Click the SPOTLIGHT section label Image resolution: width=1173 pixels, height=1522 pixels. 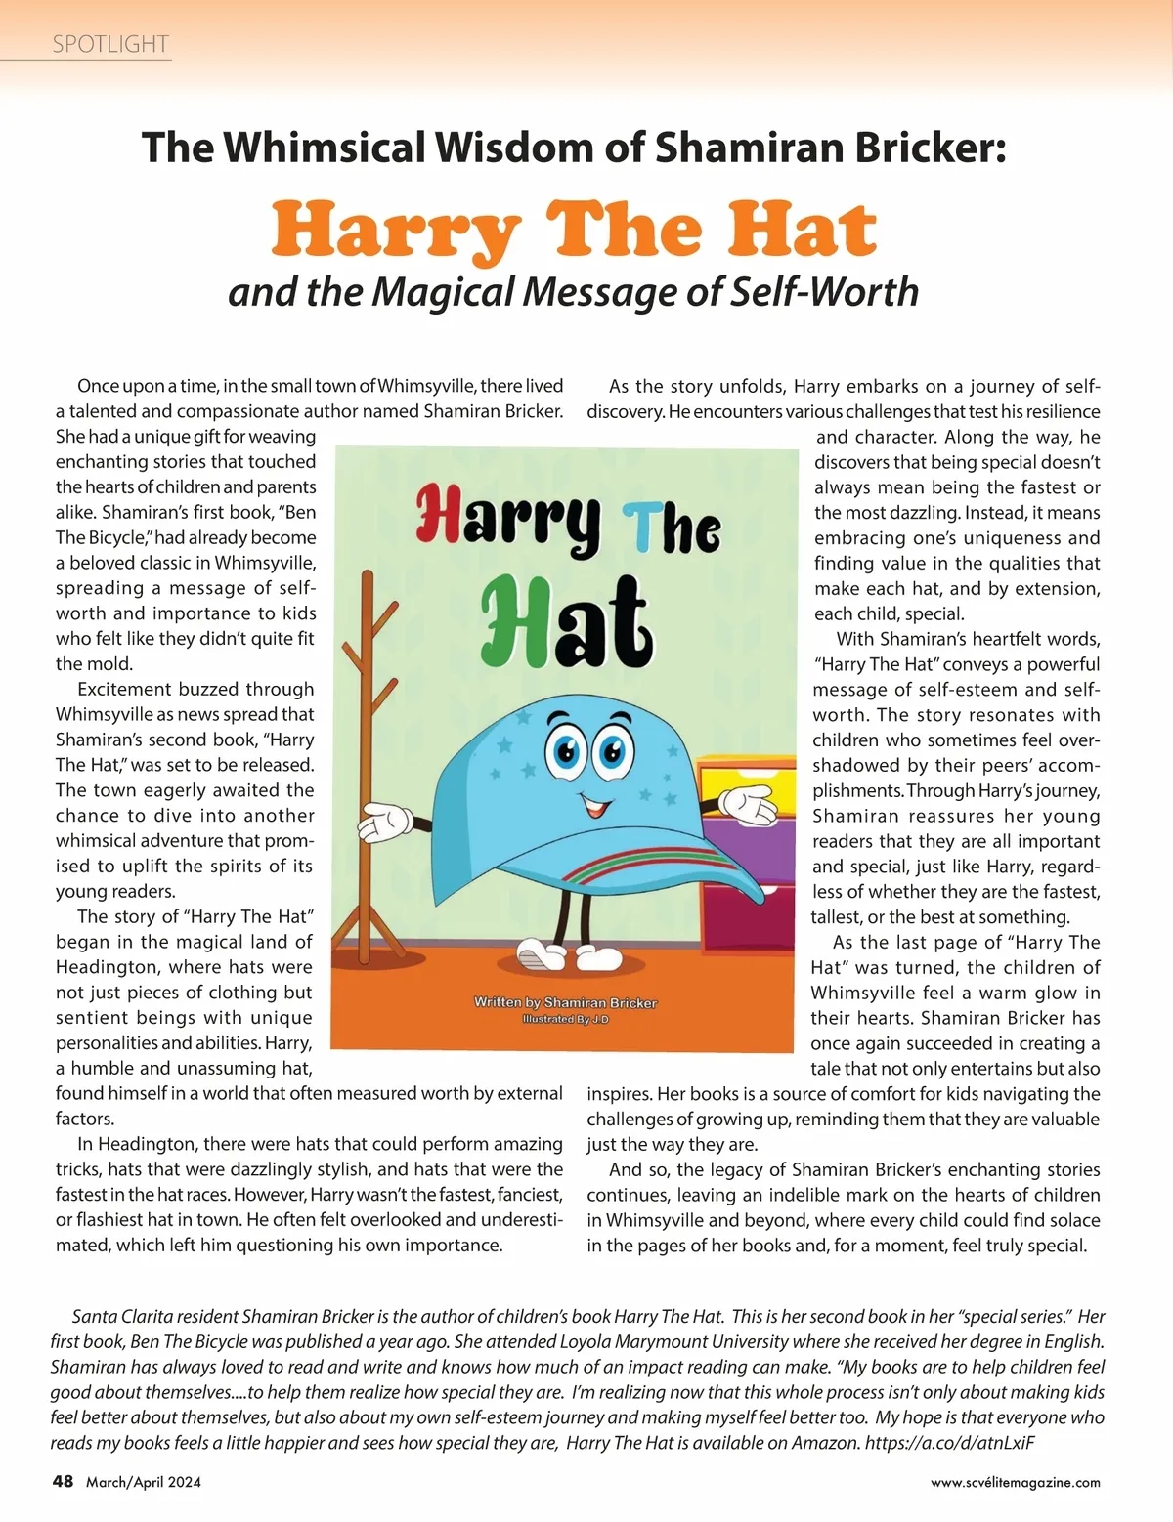pyautogui.click(x=110, y=44)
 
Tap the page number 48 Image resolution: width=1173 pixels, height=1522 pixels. pyautogui.click(x=63, y=1481)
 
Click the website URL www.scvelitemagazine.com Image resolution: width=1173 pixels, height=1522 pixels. pyautogui.click(x=1015, y=1482)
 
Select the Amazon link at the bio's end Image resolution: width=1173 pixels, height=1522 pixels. pyautogui.click(x=949, y=1442)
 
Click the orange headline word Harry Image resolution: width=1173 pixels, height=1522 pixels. pyautogui.click(x=395, y=232)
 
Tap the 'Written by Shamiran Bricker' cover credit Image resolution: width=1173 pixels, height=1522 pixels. pyautogui.click(x=565, y=1002)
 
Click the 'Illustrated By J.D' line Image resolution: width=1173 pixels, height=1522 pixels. pyautogui.click(x=565, y=1019)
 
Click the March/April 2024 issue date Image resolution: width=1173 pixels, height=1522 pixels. pyautogui.click(x=144, y=1482)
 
